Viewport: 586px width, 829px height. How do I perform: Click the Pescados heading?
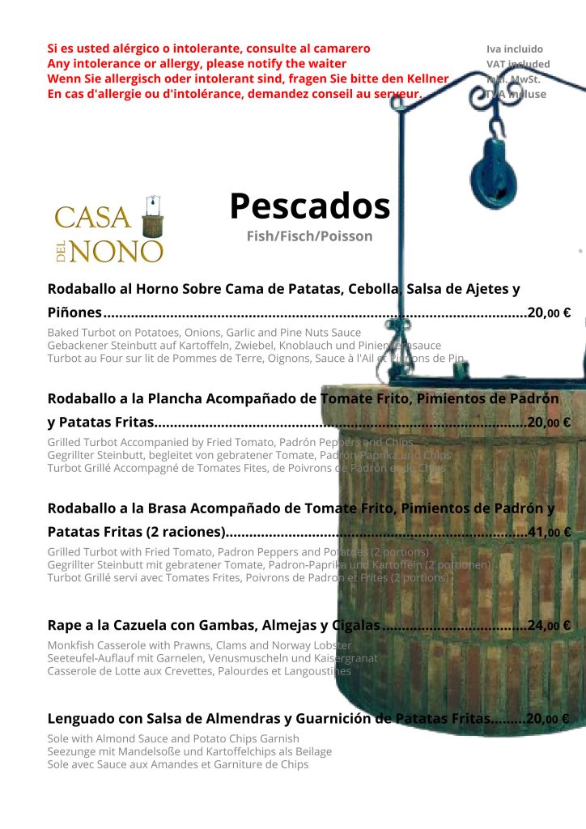click(x=309, y=206)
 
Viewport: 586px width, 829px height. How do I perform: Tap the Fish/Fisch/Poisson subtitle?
click(x=309, y=236)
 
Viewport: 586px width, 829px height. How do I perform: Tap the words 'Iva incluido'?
click(x=515, y=49)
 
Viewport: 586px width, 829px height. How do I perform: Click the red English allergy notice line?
click(x=197, y=63)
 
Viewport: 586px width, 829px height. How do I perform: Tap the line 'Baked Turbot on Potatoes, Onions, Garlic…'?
click(x=204, y=333)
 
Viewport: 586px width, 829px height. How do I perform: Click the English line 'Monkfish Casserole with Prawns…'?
click(x=199, y=645)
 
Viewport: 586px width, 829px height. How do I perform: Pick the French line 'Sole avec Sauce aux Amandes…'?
click(x=177, y=764)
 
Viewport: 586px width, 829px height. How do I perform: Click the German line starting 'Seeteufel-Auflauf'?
click(x=212, y=658)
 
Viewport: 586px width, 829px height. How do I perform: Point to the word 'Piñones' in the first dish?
click(x=74, y=312)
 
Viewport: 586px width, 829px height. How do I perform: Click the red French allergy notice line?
click(x=234, y=94)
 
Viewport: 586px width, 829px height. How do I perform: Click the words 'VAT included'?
click(x=518, y=64)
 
